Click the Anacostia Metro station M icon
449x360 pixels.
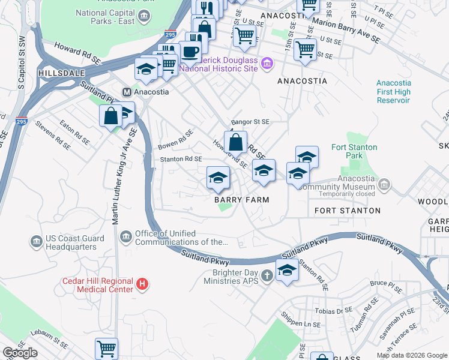pos(127,92)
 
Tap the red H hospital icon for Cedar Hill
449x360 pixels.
pos(142,284)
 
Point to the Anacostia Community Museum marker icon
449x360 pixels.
pos(385,185)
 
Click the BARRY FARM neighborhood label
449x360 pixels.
pos(241,200)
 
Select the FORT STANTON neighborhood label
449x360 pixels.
pos(348,211)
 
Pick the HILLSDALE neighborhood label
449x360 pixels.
pos(59,72)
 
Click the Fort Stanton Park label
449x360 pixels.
pos(355,151)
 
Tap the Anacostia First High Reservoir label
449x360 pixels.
pos(393,92)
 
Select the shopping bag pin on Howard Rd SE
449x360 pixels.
pos(236,143)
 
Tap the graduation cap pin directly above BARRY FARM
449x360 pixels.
pos(218,176)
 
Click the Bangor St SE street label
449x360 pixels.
pos(251,121)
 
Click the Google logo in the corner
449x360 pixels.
pos(20,353)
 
